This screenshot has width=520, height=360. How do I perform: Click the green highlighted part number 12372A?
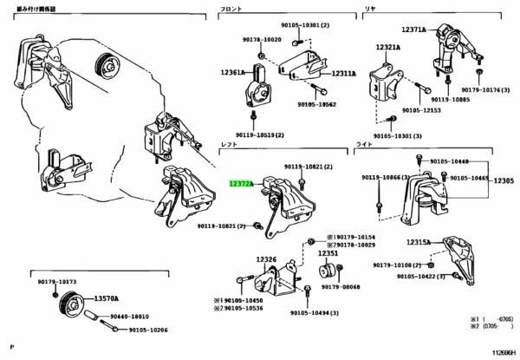click(240, 184)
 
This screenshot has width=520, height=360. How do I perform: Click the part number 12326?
click(266, 260)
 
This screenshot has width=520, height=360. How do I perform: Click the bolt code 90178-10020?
click(261, 40)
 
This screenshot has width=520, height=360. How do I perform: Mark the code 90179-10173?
click(56, 282)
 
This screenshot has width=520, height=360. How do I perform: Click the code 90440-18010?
click(127, 317)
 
